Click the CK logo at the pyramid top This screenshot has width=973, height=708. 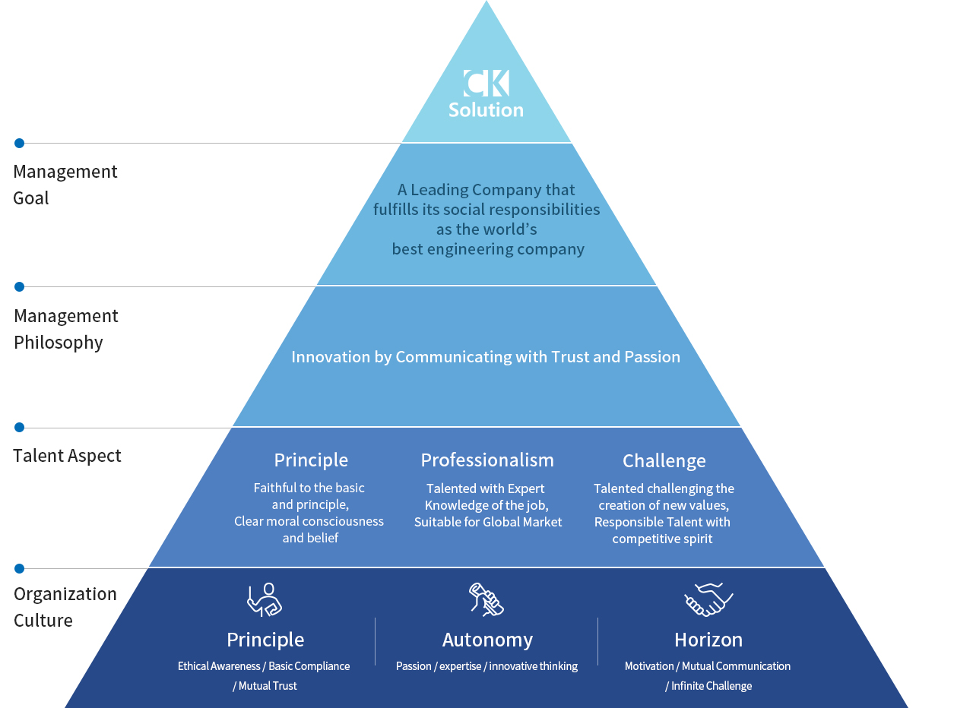tap(486, 84)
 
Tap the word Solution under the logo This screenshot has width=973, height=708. tap(486, 110)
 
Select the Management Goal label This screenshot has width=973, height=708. tap(65, 185)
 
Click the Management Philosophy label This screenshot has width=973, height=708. tap(66, 329)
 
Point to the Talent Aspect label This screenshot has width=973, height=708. tap(67, 456)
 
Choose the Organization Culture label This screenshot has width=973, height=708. tap(65, 607)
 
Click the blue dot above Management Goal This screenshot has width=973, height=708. tap(20, 143)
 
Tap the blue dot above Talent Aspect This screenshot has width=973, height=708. tap(20, 428)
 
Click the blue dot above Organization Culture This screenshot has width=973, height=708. tap(20, 568)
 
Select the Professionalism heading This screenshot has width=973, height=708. tap(487, 460)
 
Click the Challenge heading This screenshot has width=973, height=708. tap(664, 461)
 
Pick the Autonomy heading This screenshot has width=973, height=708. tap(487, 640)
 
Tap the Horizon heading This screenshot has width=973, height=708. tap(708, 640)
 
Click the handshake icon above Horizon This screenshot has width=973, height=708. tap(708, 599)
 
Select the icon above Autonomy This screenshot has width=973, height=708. tap(486, 599)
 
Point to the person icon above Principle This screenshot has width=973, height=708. tap(265, 599)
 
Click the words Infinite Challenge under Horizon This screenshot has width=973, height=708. tap(712, 686)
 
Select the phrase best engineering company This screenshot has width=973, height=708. tap(488, 249)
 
